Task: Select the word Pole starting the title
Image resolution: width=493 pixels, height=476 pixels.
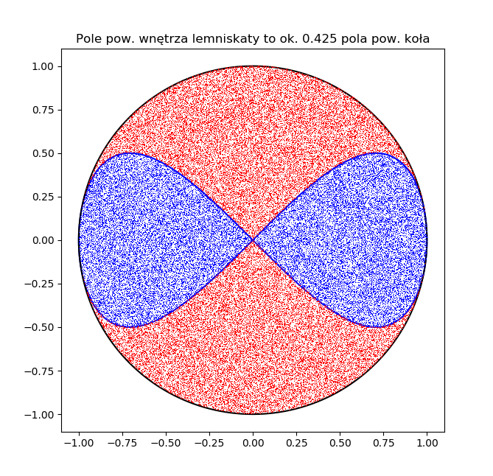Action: click(89, 38)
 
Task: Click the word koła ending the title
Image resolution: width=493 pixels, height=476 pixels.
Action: click(415, 38)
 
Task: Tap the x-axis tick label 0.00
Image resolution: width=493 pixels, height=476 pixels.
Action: click(253, 444)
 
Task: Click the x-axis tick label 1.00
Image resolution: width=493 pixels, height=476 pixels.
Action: click(427, 444)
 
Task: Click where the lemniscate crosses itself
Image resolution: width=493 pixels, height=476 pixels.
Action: click(253, 240)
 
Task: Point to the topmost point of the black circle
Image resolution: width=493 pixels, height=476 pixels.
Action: click(253, 66)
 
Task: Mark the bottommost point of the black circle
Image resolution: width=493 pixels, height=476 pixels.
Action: click(253, 414)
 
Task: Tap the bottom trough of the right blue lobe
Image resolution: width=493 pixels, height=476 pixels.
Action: click(376, 326)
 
